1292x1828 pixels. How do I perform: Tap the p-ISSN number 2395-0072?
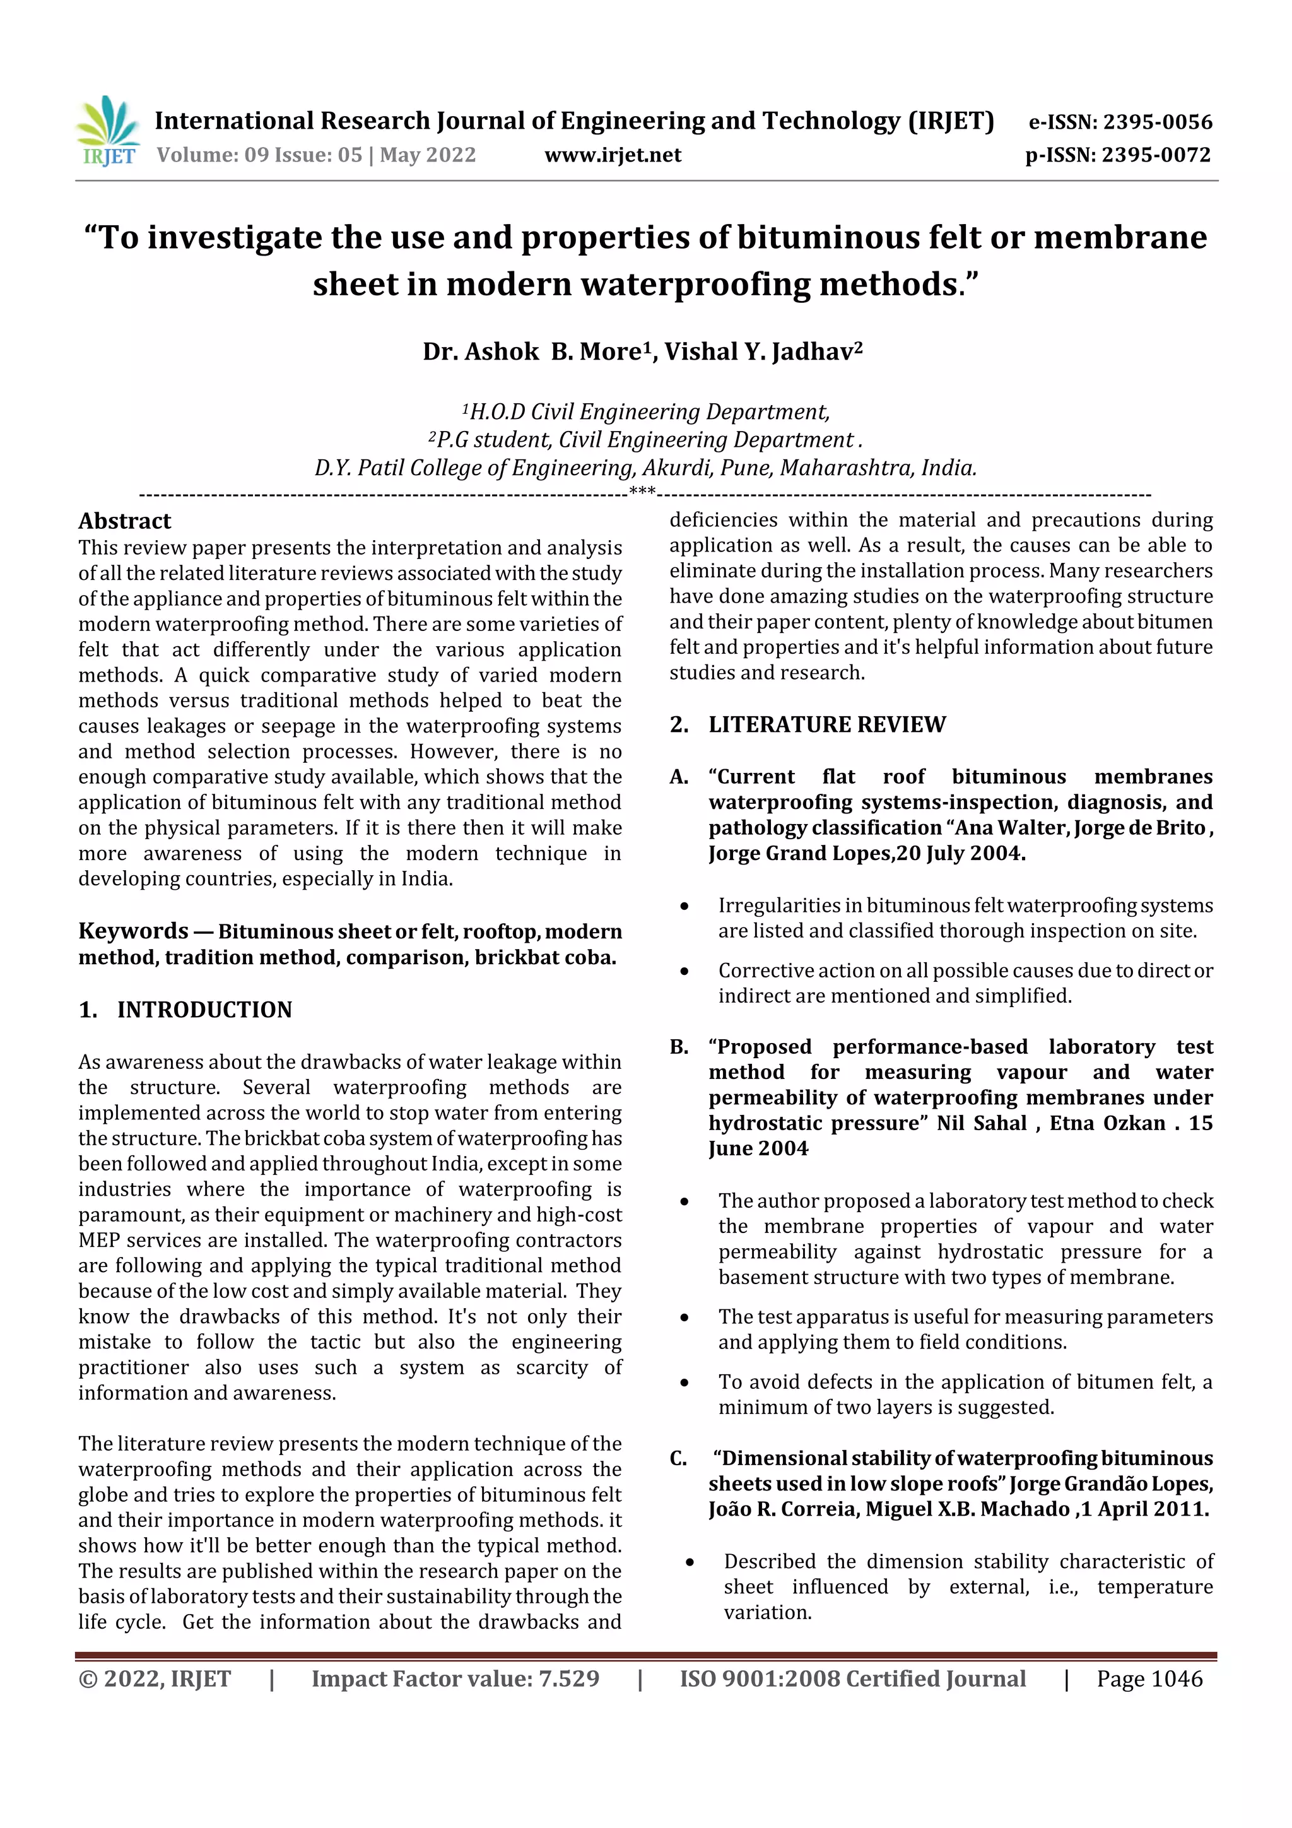coord(1156,155)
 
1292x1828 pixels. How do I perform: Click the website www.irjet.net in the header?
coord(612,155)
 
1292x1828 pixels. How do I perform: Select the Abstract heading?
coord(124,521)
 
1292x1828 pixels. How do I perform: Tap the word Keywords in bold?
coord(133,931)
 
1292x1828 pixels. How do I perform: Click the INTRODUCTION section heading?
coord(204,1010)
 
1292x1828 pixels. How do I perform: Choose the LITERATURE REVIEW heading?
coord(826,724)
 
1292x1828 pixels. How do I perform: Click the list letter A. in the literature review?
coord(678,777)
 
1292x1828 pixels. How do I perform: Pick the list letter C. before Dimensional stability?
coord(678,1459)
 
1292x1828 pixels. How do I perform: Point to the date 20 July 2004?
coord(960,854)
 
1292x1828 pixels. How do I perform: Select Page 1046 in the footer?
coord(1149,1679)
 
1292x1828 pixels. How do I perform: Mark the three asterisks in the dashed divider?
coord(642,492)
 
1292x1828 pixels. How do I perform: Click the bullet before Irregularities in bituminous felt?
coord(684,907)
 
